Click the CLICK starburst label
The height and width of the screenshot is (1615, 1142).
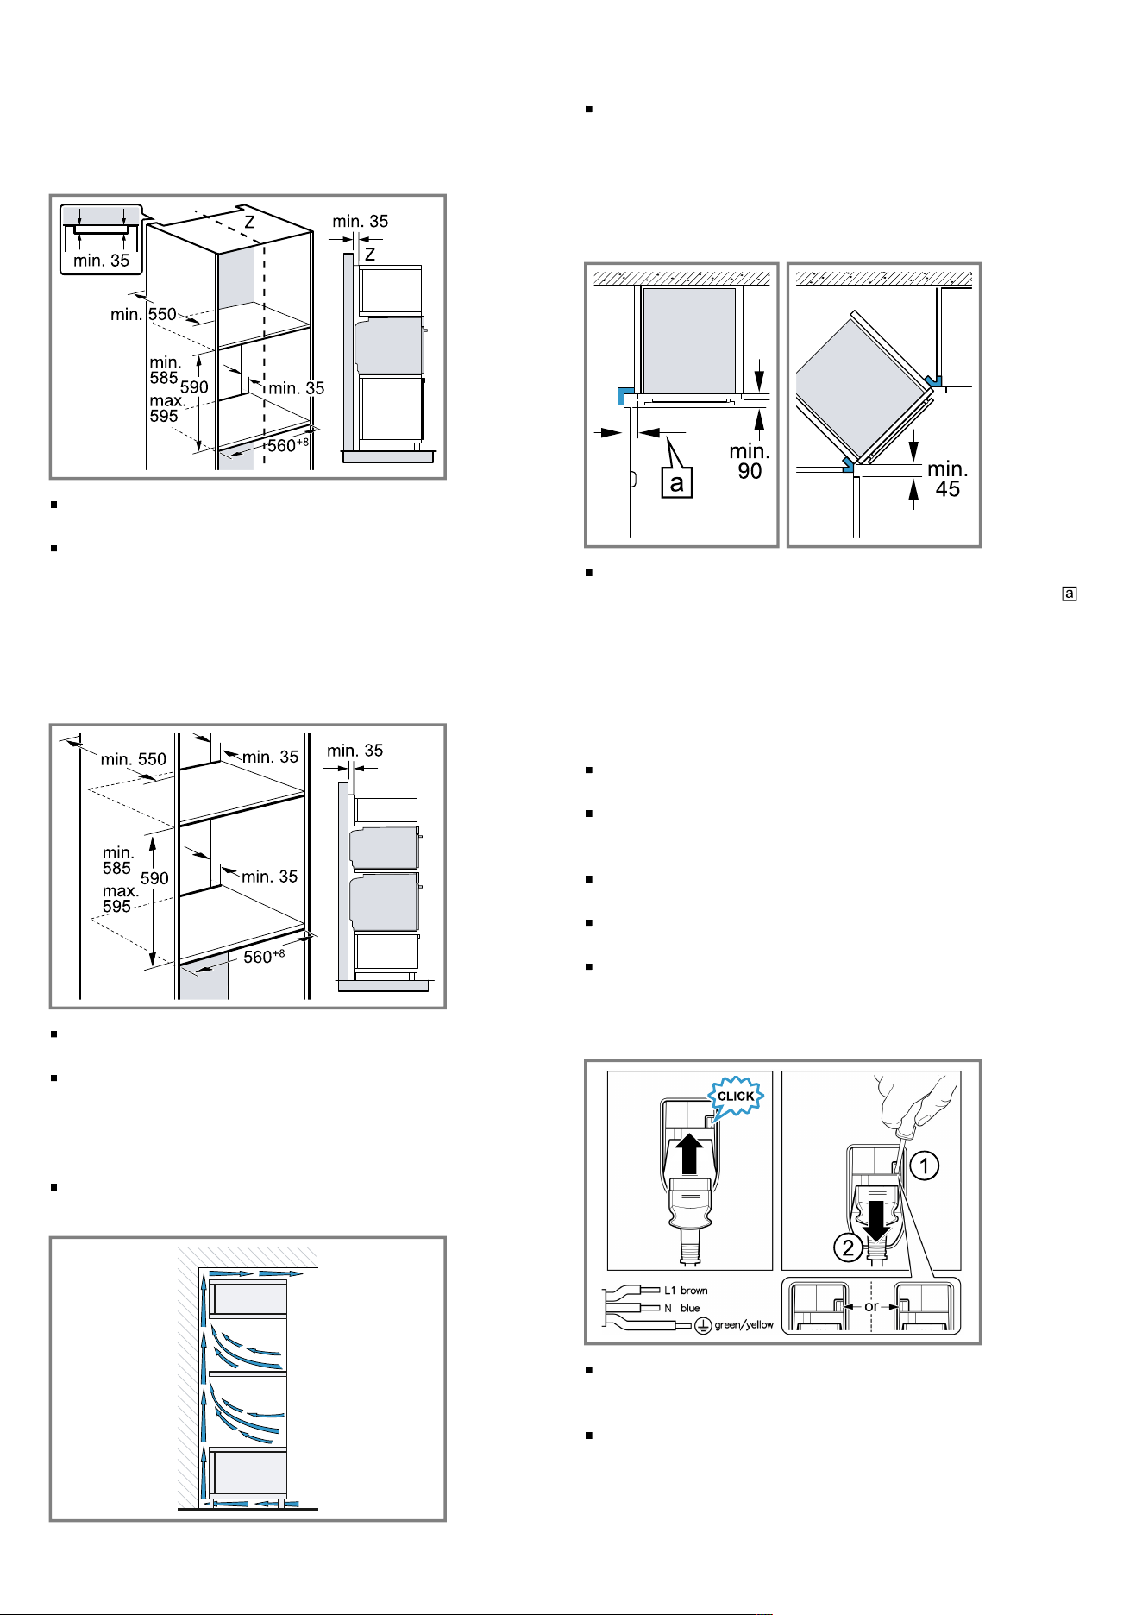click(x=736, y=1097)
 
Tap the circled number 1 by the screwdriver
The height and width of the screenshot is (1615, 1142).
click(x=924, y=1166)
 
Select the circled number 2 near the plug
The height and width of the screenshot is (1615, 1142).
click(x=849, y=1247)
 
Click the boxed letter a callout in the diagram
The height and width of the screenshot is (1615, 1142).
click(x=677, y=482)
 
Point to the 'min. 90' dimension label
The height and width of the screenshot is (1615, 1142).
click(x=750, y=462)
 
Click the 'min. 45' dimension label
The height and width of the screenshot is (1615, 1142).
click(x=948, y=480)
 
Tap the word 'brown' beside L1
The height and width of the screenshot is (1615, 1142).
click(x=694, y=1291)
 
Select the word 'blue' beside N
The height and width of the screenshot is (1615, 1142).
click(x=690, y=1308)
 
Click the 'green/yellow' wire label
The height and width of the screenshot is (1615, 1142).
click(x=744, y=1325)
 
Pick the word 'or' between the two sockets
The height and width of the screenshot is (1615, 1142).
click(x=871, y=1306)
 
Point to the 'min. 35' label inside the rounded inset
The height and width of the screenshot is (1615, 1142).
click(x=102, y=260)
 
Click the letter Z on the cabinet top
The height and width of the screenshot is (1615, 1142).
click(x=249, y=222)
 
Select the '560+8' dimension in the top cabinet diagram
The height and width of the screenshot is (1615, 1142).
click(x=287, y=445)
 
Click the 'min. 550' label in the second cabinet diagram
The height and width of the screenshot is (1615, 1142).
click(x=134, y=759)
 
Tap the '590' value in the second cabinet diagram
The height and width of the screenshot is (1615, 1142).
click(x=154, y=878)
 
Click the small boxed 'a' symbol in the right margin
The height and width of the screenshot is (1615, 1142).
click(x=1070, y=594)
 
